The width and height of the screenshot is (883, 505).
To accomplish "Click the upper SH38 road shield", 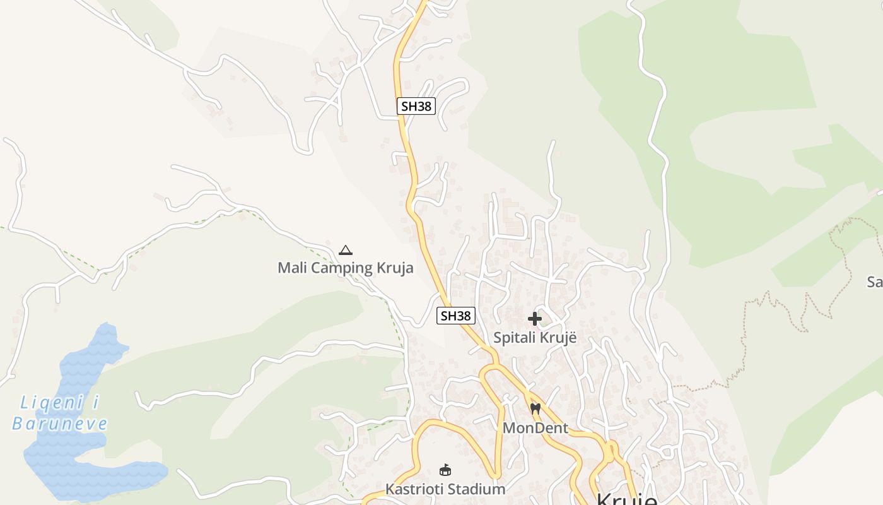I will (x=416, y=106).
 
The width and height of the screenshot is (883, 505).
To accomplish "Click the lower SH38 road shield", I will (x=455, y=316).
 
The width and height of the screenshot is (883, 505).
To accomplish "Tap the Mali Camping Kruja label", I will (x=346, y=268).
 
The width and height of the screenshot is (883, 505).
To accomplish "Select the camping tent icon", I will (x=346, y=250).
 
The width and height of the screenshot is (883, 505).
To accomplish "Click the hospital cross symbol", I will (x=535, y=319).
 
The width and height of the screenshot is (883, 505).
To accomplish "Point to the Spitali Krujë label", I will (x=535, y=338).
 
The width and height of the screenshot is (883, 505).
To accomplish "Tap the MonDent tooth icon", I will (x=535, y=409).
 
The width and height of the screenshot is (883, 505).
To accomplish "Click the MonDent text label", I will (x=535, y=428).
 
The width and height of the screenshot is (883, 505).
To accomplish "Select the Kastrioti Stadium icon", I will (x=445, y=470).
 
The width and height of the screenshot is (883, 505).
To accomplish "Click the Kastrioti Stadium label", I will (x=445, y=489).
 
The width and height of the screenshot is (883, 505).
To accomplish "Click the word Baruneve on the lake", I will (x=60, y=423).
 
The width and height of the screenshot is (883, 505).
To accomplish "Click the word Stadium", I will (x=476, y=489).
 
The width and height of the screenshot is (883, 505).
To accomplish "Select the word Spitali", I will (x=513, y=338).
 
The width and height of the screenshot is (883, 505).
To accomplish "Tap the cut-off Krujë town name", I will (x=626, y=499).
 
